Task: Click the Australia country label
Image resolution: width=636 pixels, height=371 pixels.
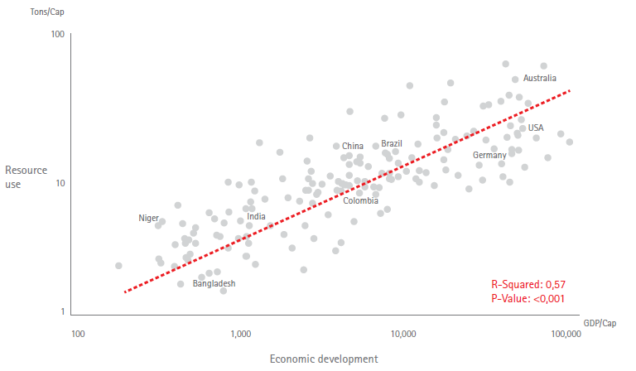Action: [540, 79]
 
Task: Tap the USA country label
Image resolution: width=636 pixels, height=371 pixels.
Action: [536, 128]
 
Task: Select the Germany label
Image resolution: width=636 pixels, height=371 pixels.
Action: [489, 156]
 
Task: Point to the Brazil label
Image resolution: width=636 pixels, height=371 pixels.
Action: [392, 144]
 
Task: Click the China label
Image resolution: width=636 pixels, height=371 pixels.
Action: [353, 147]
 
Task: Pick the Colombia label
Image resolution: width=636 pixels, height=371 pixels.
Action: [361, 200]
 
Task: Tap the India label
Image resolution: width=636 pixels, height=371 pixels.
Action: [257, 217]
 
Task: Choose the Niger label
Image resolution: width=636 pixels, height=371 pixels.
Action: [148, 218]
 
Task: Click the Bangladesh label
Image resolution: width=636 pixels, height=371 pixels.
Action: [214, 283]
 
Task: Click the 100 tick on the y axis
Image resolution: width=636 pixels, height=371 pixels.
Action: [57, 34]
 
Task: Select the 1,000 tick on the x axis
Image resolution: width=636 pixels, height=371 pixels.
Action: [240, 335]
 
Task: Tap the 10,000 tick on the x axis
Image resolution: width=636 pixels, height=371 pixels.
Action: [402, 335]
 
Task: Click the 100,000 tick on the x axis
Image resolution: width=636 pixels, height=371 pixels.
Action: [565, 335]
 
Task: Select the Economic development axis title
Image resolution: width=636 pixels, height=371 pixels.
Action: [324, 359]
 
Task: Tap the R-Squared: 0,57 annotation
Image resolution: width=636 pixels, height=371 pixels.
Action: [528, 284]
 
